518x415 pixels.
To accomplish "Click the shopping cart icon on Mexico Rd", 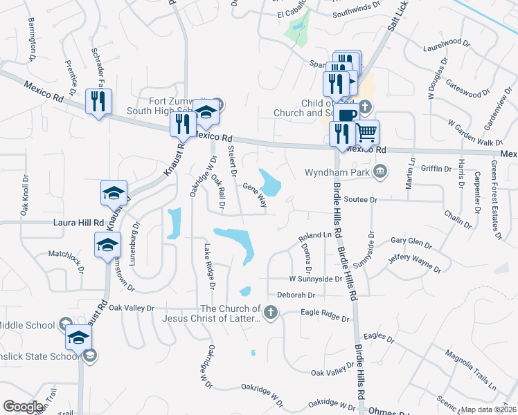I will pyautogui.click(x=368, y=131).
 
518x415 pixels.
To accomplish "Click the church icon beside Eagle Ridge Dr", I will pyautogui.click(x=271, y=314).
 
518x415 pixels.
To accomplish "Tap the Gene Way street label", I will pyautogui.click(x=255, y=194).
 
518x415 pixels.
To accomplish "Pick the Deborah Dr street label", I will pyautogui.click(x=296, y=295).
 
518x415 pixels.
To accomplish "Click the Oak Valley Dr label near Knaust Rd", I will pyautogui.click(x=131, y=307).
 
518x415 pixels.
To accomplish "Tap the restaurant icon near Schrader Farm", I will pyautogui.click(x=96, y=102).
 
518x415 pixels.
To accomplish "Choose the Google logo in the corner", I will pyautogui.click(x=24, y=407).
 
